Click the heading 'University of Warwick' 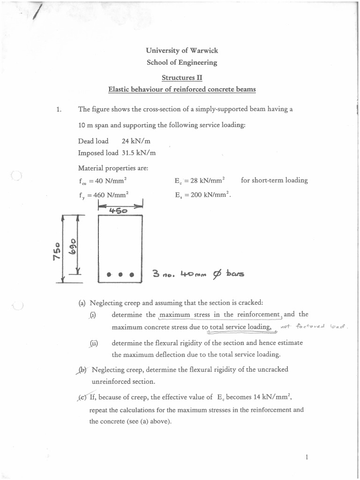click(x=182, y=51)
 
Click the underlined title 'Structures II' click(x=182, y=77)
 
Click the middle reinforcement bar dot click(x=120, y=274)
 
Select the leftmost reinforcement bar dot click(x=109, y=274)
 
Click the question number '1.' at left click(x=59, y=110)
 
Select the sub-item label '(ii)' click(x=93, y=343)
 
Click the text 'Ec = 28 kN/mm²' click(x=199, y=180)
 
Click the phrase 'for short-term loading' click(x=274, y=180)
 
